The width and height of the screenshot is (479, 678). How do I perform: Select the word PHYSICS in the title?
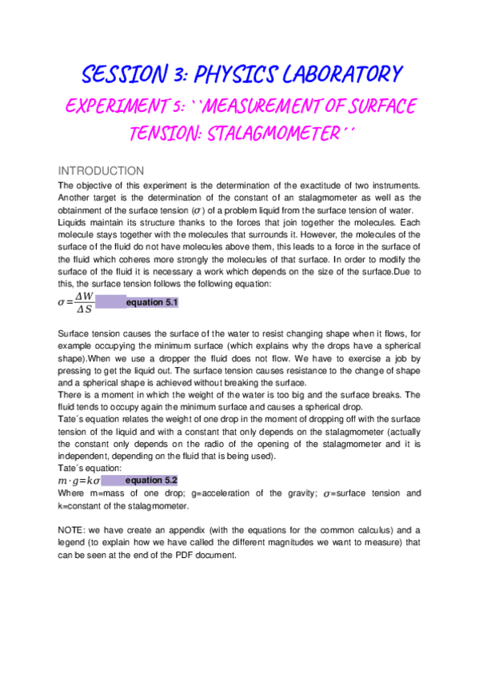(229, 75)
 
